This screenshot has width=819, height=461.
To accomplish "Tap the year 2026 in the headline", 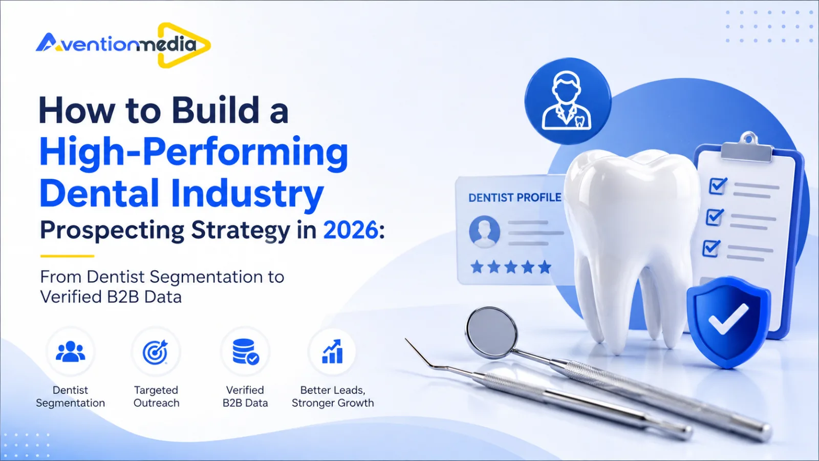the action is [x=350, y=230].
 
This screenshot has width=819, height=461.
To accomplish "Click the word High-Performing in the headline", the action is [x=193, y=153].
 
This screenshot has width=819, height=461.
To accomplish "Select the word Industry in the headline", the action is [x=247, y=194].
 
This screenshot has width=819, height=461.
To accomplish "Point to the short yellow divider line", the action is [x=67, y=256].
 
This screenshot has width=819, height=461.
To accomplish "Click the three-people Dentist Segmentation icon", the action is [x=71, y=351].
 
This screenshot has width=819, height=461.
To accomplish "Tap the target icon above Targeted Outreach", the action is [x=156, y=352].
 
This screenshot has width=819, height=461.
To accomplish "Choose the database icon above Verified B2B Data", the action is [x=246, y=351].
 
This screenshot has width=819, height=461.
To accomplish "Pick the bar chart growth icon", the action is [x=332, y=351].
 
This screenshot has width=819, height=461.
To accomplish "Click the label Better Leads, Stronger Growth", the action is [x=333, y=396].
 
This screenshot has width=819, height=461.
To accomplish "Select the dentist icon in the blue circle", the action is [x=566, y=100].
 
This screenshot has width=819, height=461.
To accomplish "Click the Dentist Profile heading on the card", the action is [x=515, y=198].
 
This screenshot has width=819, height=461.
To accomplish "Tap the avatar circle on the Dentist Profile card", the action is [x=484, y=232].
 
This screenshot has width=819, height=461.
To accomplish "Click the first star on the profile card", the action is [x=477, y=267].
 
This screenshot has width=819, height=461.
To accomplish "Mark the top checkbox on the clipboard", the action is [x=718, y=185].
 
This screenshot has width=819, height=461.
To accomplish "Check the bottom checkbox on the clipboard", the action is [x=711, y=248].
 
